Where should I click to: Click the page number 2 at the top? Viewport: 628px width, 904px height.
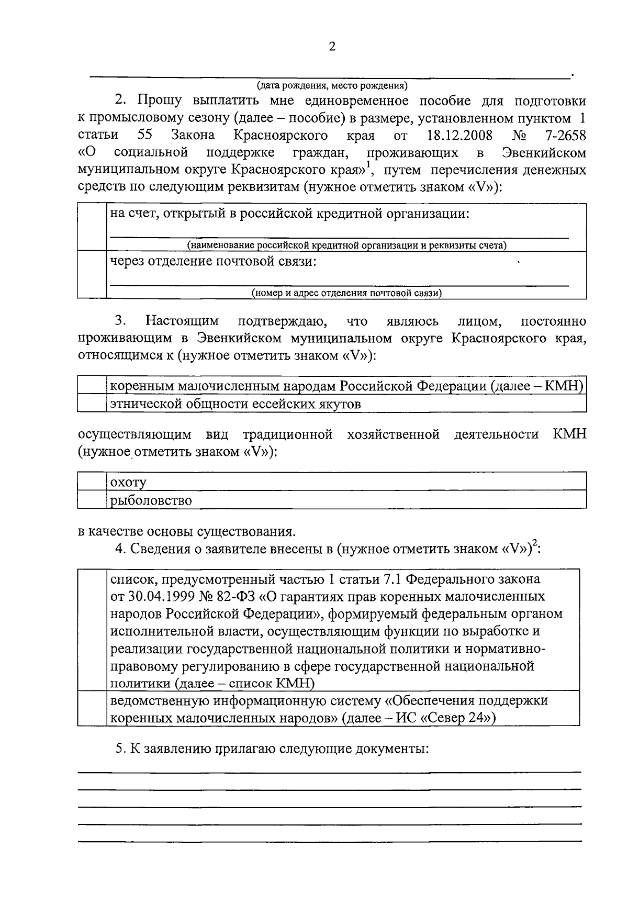tap(331, 47)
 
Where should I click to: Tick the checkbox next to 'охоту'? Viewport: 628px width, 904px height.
tap(92, 482)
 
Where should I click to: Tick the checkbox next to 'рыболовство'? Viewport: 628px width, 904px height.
tap(92, 500)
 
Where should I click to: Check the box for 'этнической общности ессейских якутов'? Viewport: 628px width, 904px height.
tap(92, 404)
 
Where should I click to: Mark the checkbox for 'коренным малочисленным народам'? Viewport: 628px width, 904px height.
tap(92, 386)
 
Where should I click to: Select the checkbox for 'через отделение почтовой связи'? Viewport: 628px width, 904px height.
tap(92, 274)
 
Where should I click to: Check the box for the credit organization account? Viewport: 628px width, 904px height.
tap(92, 227)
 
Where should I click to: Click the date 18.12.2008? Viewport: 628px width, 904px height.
tap(459, 136)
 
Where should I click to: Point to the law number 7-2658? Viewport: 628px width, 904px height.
tap(565, 136)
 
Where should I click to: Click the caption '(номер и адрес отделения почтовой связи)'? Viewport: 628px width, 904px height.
tap(346, 293)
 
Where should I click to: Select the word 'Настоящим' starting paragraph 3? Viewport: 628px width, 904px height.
tap(182, 320)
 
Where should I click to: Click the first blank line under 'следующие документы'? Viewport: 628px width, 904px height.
tap(330, 772)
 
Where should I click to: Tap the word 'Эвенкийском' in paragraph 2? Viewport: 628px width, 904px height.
tap(544, 153)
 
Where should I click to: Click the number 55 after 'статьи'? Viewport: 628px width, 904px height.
tap(144, 136)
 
